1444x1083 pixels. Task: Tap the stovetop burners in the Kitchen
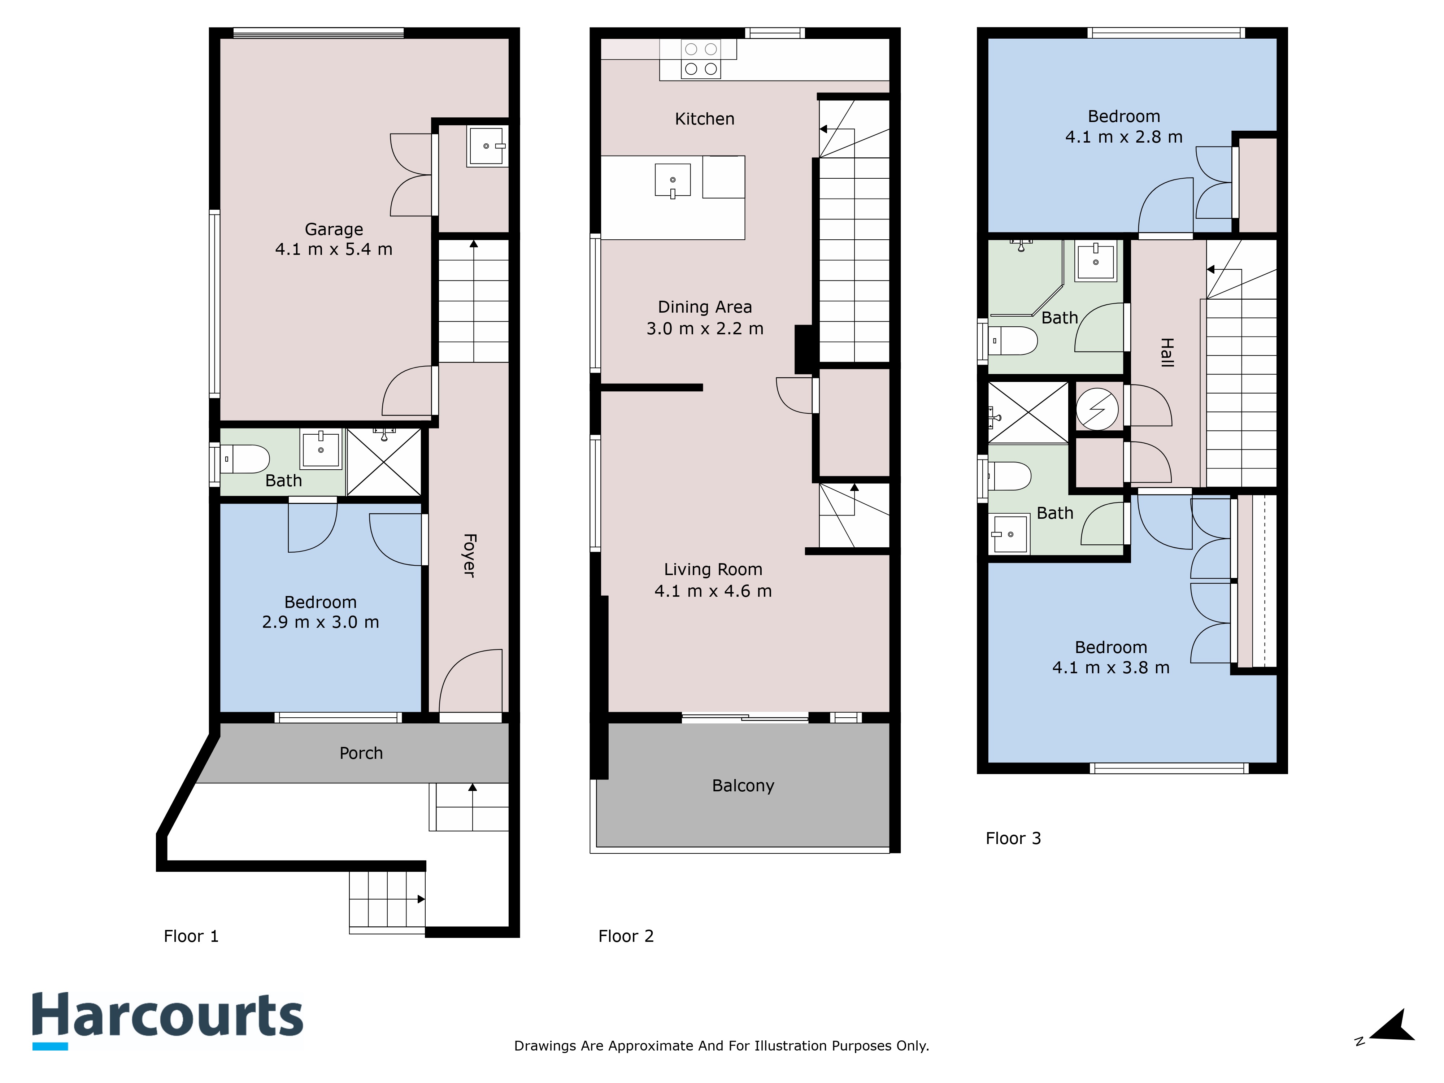tap(700, 59)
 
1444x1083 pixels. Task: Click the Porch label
tap(361, 753)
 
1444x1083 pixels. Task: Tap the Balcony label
tap(743, 785)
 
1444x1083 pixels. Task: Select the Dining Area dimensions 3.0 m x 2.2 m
tap(705, 329)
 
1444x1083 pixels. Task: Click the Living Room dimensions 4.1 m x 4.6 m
tap(713, 591)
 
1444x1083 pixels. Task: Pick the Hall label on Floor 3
tap(1167, 352)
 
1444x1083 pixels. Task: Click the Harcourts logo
tap(168, 1017)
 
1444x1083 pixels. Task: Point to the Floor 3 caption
tap(1013, 838)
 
